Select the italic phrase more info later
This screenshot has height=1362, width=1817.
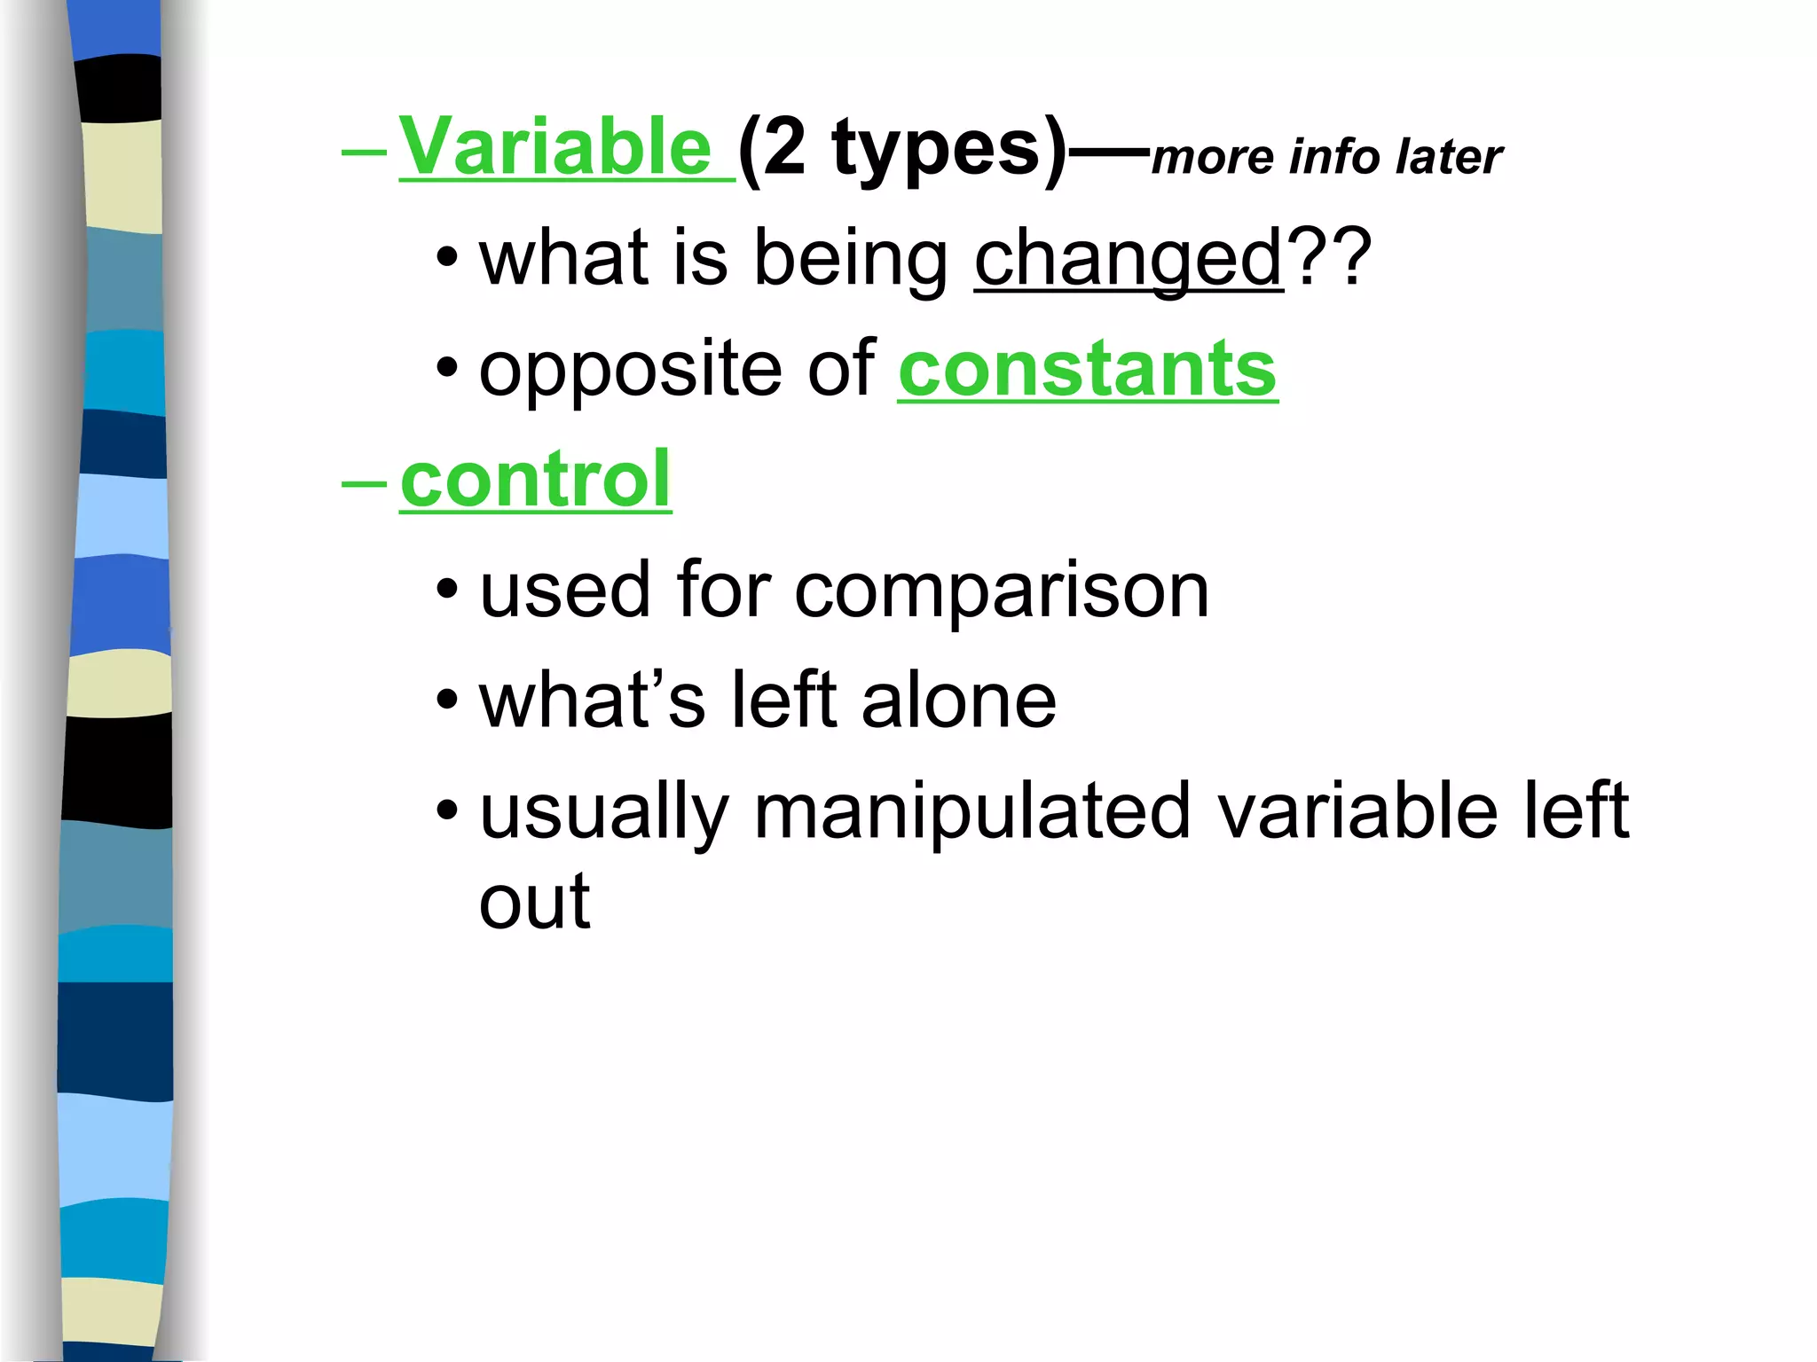coord(1326,157)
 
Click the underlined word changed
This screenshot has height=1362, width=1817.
coord(1129,258)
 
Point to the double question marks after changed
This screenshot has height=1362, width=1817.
coord(1328,258)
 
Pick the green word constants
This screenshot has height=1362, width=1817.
coord(1088,369)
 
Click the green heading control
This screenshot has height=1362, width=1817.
coord(535,480)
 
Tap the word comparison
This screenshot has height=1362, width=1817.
coord(1002,591)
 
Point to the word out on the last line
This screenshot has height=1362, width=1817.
coord(534,903)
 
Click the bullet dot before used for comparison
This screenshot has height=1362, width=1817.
coord(448,589)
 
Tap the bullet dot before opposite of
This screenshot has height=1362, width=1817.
coord(448,367)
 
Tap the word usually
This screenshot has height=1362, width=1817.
coord(603,814)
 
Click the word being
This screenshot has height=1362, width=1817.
coord(851,260)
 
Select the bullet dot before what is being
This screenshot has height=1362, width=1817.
coord(448,257)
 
